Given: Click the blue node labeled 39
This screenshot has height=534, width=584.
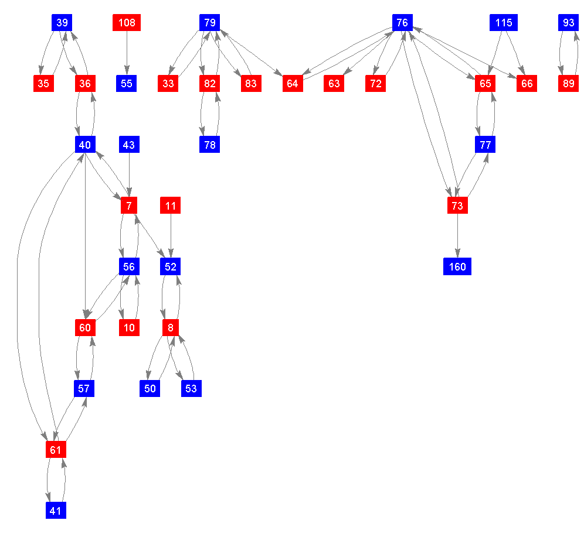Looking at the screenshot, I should [62, 23].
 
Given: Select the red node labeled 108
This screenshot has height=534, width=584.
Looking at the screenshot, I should [127, 23].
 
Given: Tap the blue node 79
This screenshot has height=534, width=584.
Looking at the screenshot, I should [209, 23].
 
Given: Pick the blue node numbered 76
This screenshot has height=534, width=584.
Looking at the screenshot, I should [402, 23].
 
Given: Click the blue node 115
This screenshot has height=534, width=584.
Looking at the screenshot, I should [503, 23].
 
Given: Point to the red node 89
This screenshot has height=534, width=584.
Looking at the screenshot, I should [568, 84].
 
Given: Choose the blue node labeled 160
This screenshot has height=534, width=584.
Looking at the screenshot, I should [457, 267].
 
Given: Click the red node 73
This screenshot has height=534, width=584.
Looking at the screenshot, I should [457, 206].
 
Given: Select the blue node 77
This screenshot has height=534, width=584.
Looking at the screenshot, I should [485, 144].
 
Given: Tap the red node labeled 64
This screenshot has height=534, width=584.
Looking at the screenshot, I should [293, 84].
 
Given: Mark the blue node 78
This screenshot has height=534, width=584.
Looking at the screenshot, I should [209, 144].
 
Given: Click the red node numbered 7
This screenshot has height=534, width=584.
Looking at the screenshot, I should [129, 206].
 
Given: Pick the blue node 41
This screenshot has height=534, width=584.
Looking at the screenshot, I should [56, 511].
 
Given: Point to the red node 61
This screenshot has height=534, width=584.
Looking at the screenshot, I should [56, 450].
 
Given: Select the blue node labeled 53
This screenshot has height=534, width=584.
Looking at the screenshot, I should [191, 388].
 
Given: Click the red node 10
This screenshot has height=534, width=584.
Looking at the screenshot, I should [129, 327].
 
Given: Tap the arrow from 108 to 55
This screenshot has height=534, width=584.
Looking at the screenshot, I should [127, 53].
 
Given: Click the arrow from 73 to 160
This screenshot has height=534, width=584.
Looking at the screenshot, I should [457, 236].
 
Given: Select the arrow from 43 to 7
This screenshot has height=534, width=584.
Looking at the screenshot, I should [129, 174].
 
